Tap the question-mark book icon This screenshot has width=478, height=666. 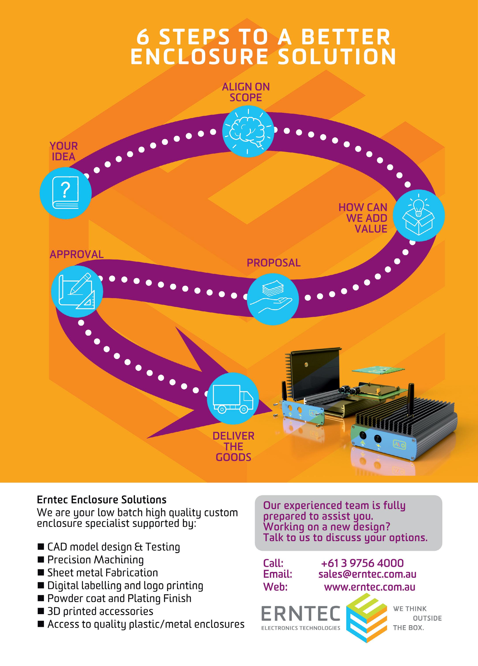pos(66,193)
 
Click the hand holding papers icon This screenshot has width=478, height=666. pos(273,299)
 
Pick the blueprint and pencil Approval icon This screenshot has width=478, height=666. pos(77,291)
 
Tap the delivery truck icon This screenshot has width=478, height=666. pos(233,399)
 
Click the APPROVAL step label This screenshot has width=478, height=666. pos(77,254)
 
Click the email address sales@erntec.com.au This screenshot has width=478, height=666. pos(367,574)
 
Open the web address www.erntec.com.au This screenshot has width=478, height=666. pos(370,587)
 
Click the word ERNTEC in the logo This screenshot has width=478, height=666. pos(301,614)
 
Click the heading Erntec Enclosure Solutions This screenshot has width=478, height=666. pos(102,500)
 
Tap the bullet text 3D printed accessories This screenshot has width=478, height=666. pos(100,611)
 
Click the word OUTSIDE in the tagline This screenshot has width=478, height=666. pos(427,618)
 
